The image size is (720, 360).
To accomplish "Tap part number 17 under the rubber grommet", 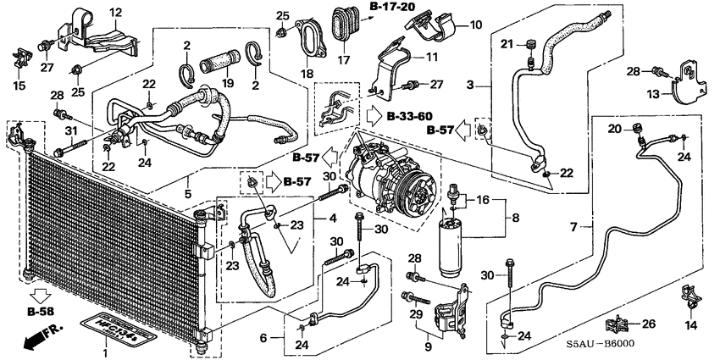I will coord(343,61).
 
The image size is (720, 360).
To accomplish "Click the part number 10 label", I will coord(474,24).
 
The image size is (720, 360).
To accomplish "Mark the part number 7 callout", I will coord(573,226).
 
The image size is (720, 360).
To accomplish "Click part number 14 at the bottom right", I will coord(689,325).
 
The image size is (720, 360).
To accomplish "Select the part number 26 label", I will coord(650,323).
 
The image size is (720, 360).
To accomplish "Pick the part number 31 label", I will coord(70,129).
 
